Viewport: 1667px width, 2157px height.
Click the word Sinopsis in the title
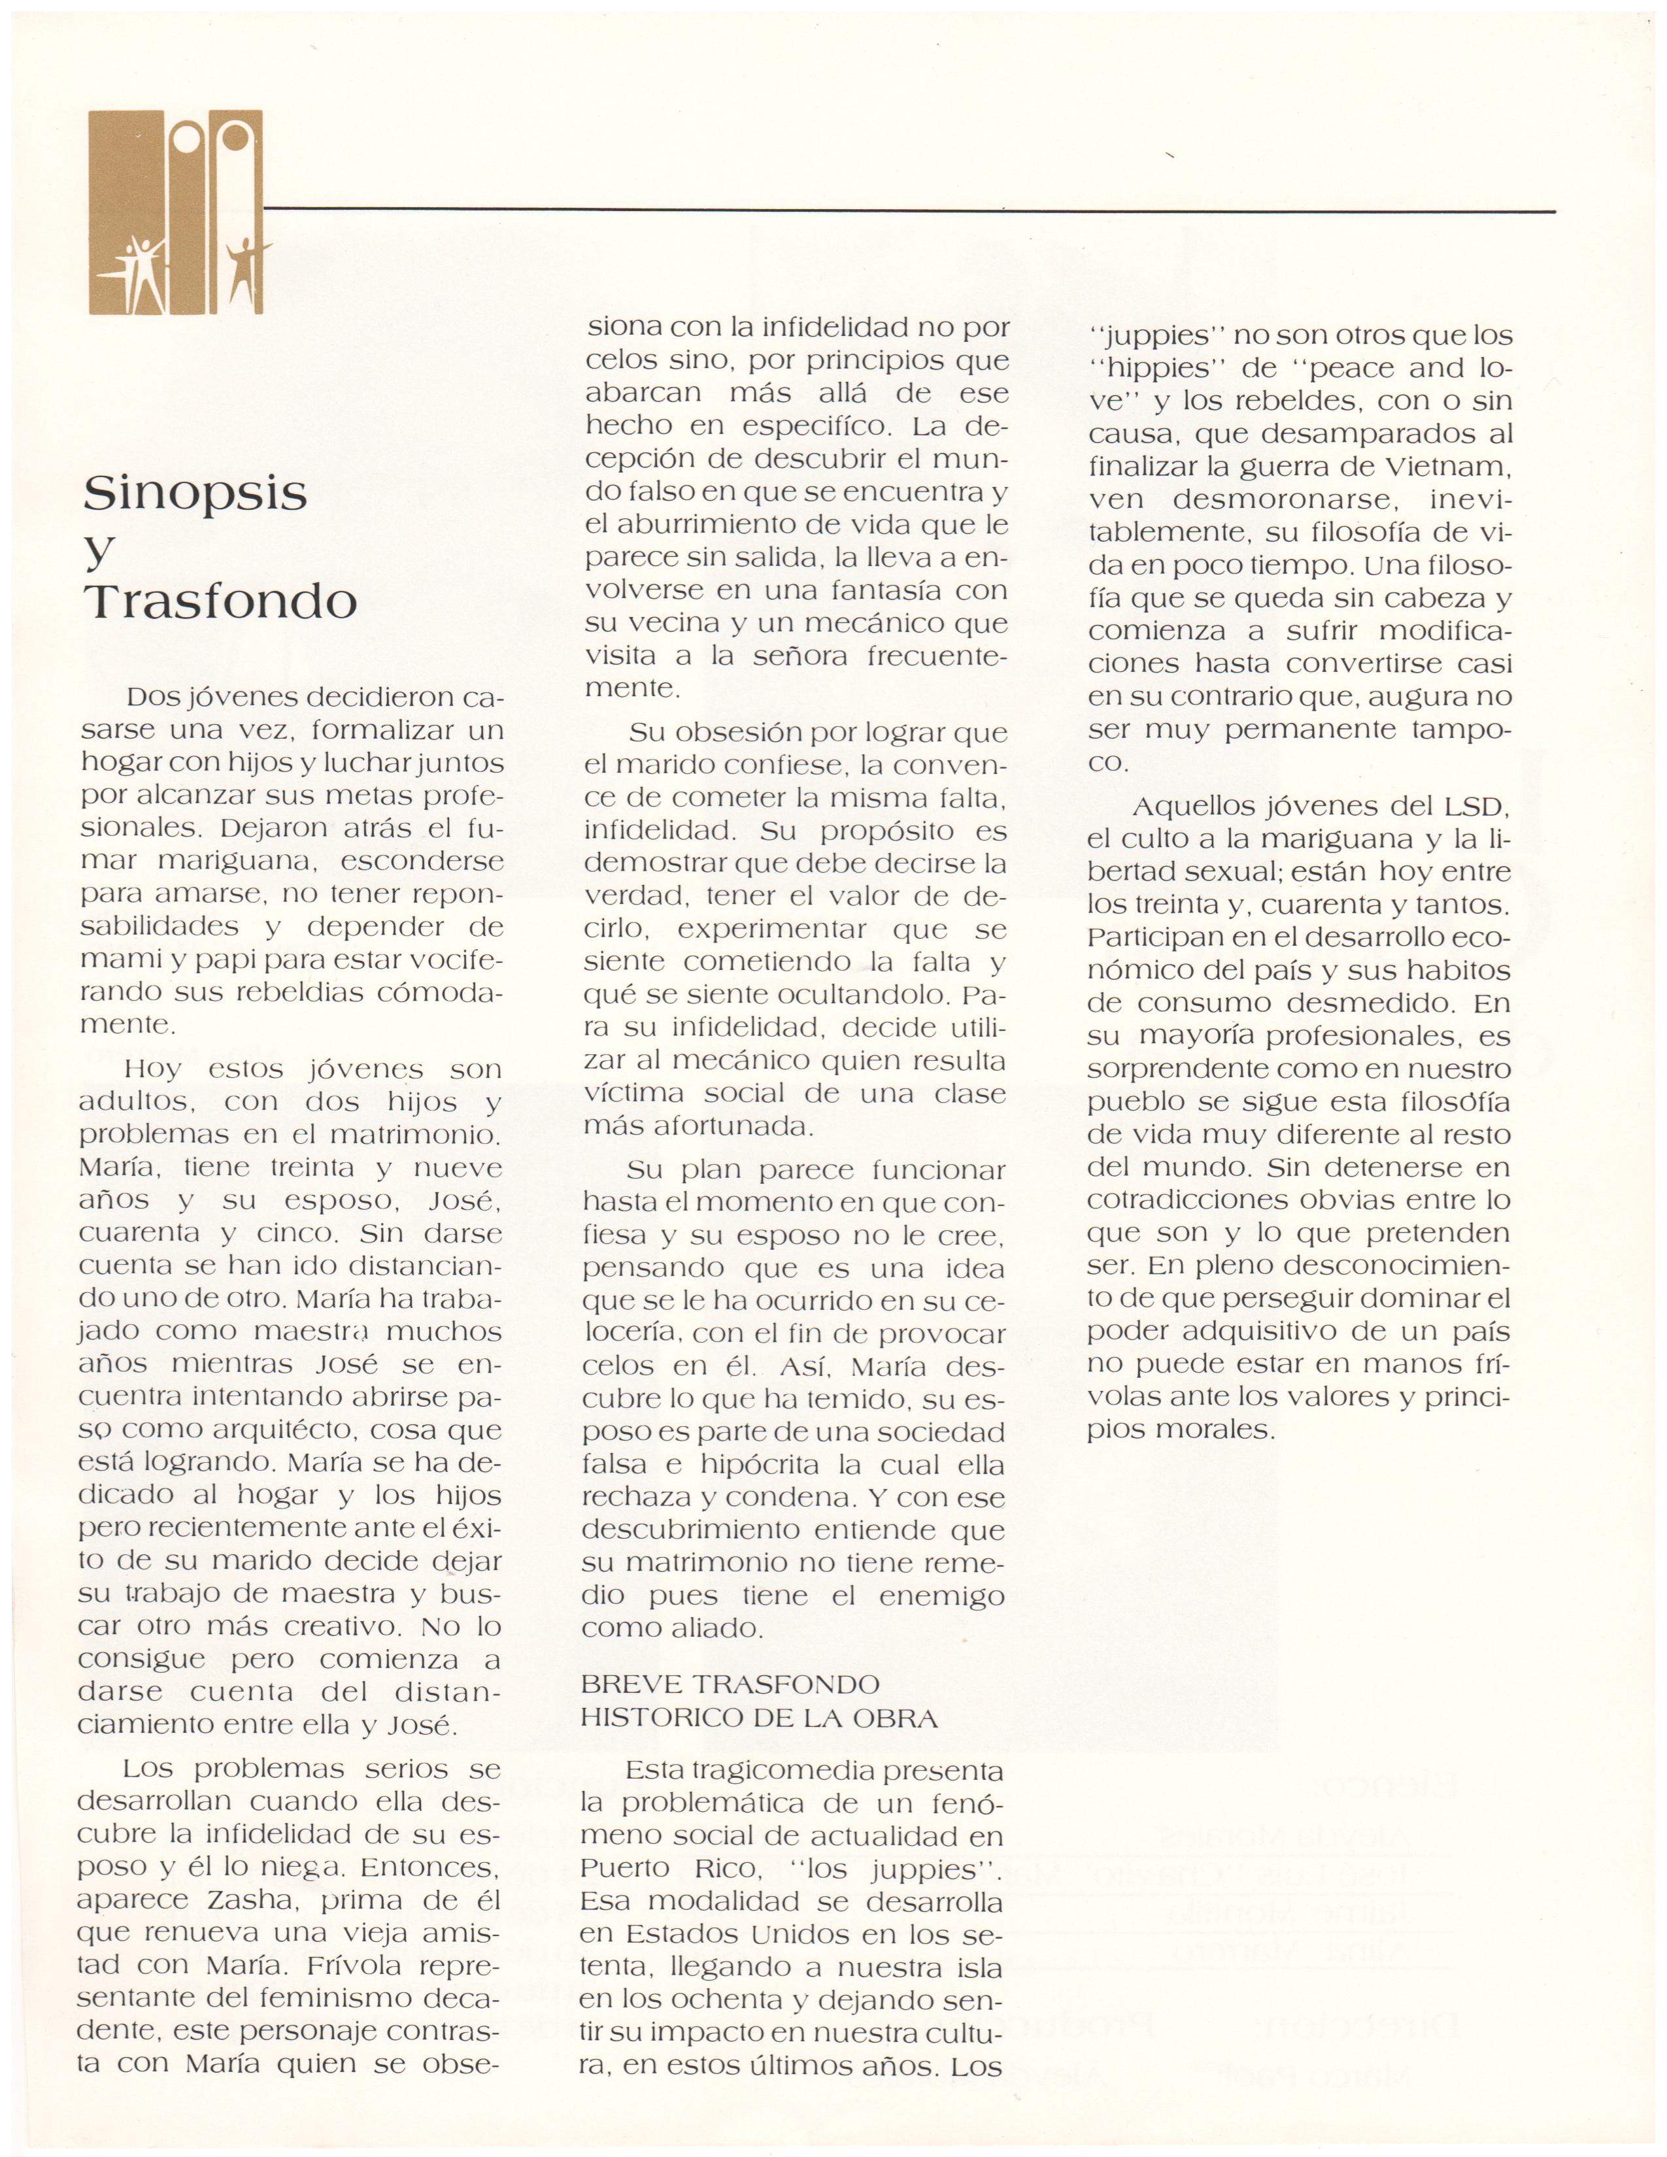click(195, 493)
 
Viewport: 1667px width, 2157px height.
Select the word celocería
click(630, 1333)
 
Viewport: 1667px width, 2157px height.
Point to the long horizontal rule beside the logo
click(909, 209)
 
